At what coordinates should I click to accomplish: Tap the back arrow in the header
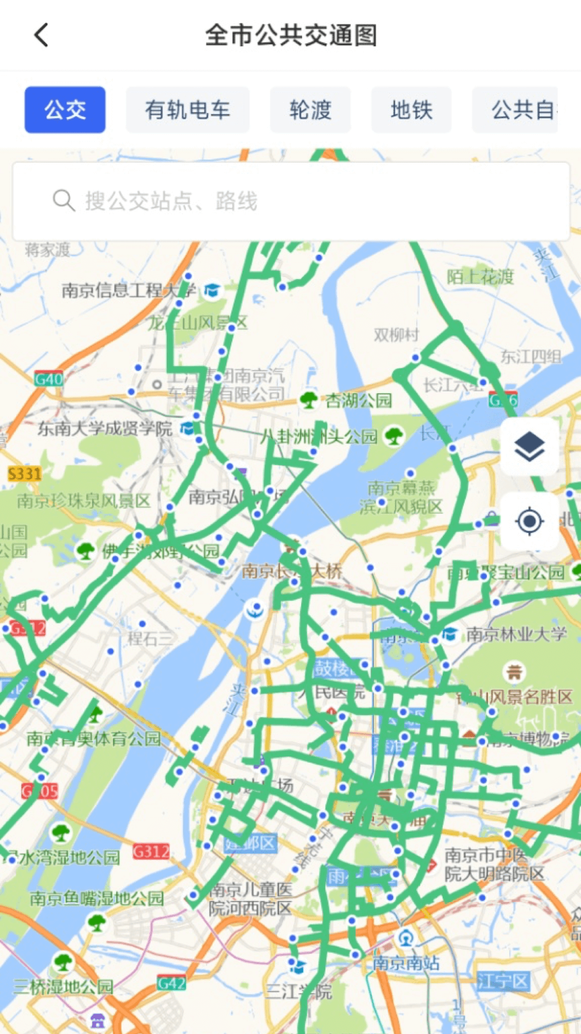tap(41, 36)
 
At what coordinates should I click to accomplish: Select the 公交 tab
tap(65, 110)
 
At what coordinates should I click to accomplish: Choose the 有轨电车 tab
tap(187, 110)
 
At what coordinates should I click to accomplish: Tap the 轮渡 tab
tap(310, 110)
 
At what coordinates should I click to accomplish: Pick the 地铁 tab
tap(412, 110)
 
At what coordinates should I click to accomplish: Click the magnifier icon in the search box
tap(63, 201)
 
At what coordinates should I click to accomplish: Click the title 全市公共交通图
tap(290, 36)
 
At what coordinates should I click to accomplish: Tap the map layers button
tap(529, 447)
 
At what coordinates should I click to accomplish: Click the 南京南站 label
tap(406, 963)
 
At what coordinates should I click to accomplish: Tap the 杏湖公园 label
tap(359, 400)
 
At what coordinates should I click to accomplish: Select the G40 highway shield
tap(49, 379)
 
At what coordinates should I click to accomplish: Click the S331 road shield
tap(25, 474)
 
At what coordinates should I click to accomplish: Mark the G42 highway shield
tap(171, 983)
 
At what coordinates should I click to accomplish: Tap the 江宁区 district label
tap(503, 981)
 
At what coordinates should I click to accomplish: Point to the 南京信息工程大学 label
tap(128, 291)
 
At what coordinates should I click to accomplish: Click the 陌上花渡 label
tap(480, 277)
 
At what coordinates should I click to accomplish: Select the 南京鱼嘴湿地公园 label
tap(97, 898)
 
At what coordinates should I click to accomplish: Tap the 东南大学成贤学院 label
tap(105, 429)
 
